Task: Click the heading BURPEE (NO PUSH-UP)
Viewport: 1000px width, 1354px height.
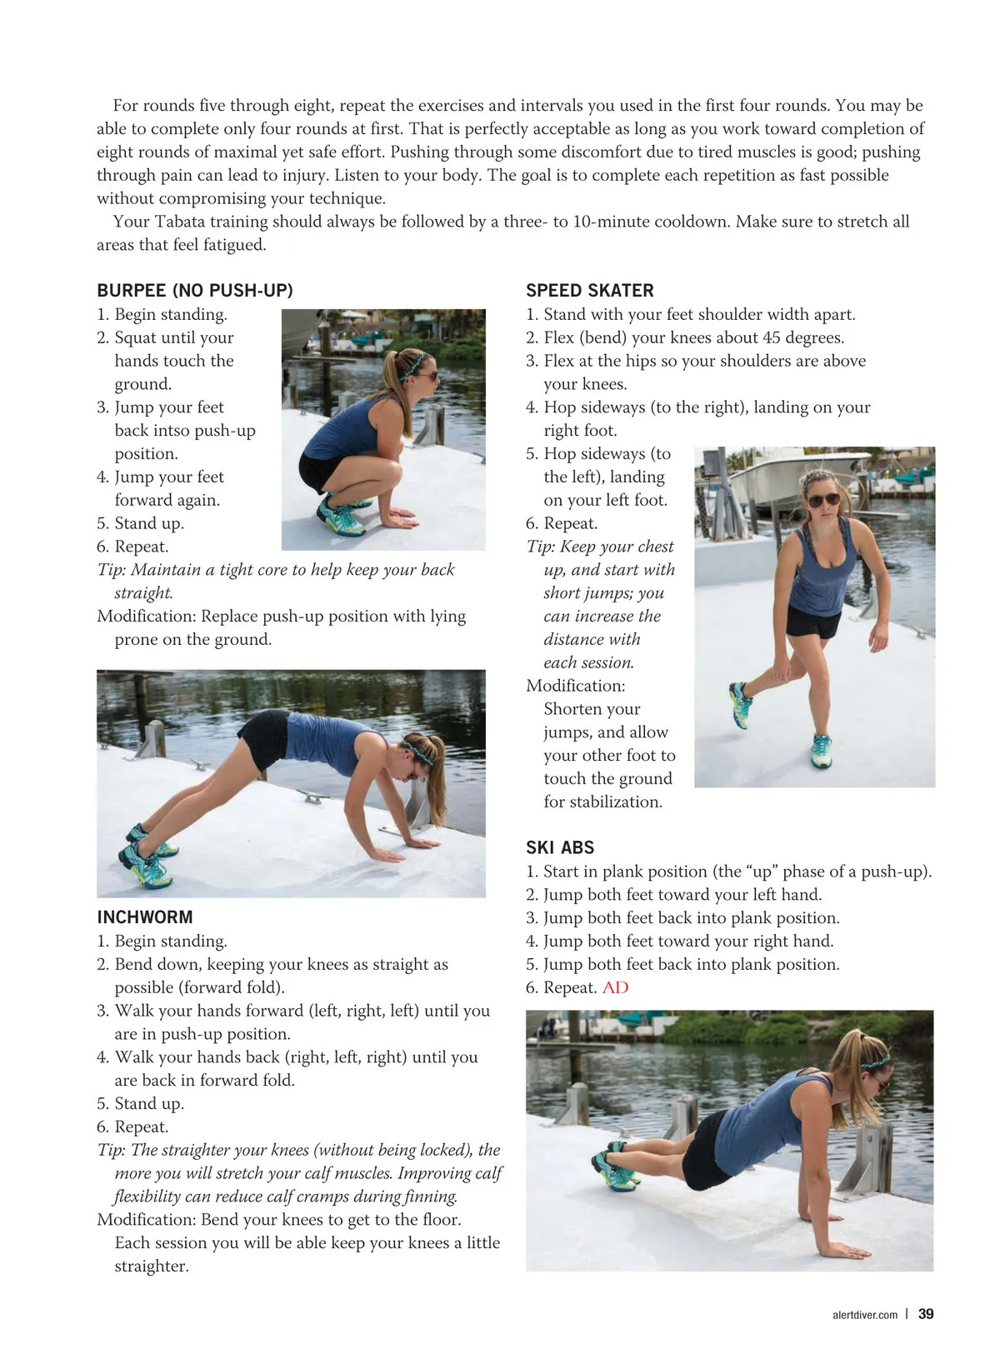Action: click(194, 290)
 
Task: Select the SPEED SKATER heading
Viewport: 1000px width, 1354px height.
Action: click(589, 290)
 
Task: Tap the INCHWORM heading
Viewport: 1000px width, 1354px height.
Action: click(145, 917)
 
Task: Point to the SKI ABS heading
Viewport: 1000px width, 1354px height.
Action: click(559, 847)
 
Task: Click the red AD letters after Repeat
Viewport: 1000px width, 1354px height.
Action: click(615, 987)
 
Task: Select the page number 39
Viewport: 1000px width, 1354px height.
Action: click(926, 1314)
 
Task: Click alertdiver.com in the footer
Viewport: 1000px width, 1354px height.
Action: click(864, 1315)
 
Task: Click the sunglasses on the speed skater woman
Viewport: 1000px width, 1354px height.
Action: click(823, 500)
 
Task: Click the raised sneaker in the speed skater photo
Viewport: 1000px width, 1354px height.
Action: click(741, 704)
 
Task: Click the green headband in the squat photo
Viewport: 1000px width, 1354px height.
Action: click(414, 364)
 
